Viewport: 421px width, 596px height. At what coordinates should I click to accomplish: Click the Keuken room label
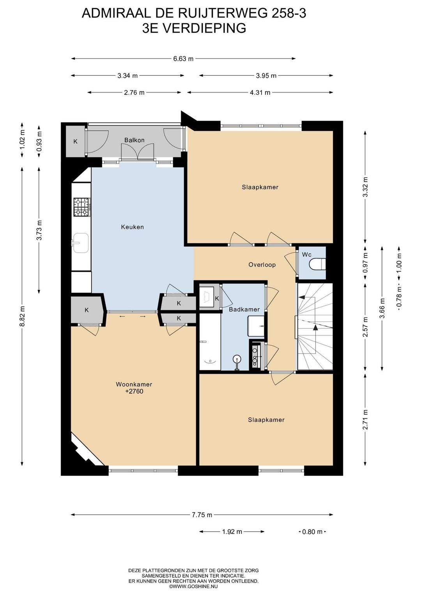pyautogui.click(x=132, y=227)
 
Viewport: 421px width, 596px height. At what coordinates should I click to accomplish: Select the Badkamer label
pyautogui.click(x=244, y=309)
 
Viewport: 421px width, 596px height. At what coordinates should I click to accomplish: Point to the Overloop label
pyautogui.click(x=262, y=265)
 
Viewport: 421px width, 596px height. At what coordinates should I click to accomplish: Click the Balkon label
pyautogui.click(x=134, y=140)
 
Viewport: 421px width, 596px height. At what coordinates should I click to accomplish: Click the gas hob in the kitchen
pyautogui.click(x=82, y=207)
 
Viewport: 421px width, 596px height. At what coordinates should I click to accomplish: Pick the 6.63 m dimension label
pyautogui.click(x=184, y=59)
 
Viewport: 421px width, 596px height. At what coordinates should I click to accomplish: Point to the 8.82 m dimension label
pyautogui.click(x=22, y=316)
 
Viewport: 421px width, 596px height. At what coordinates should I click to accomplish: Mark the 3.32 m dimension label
pyautogui.click(x=366, y=187)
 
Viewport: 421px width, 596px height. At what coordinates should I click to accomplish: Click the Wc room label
pyautogui.click(x=306, y=255)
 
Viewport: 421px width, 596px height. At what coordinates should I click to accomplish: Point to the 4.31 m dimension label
pyautogui.click(x=260, y=93)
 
